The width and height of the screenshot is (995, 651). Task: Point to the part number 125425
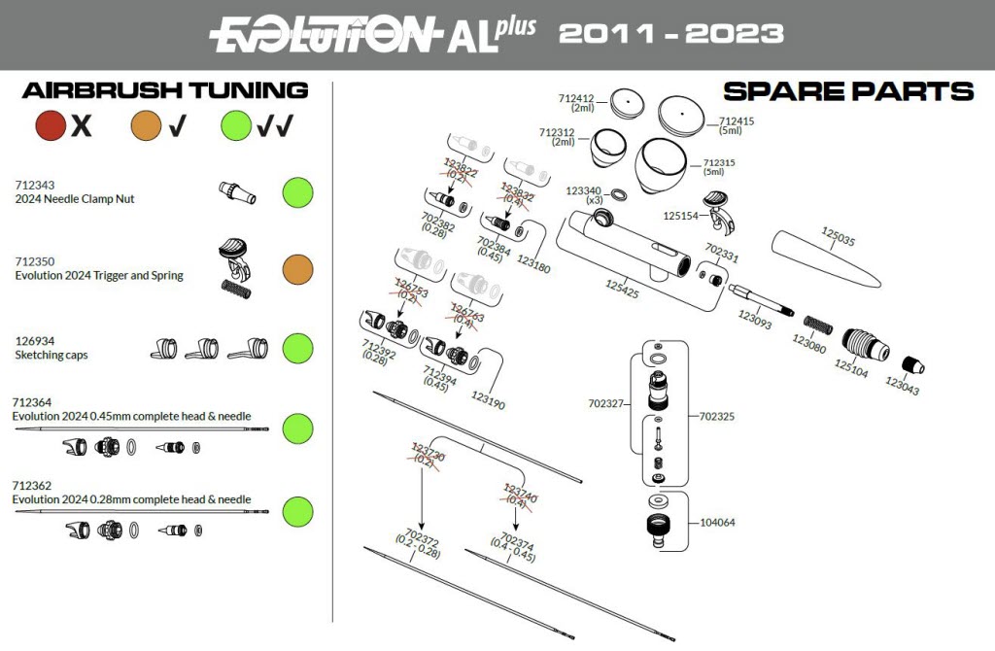pyautogui.click(x=622, y=289)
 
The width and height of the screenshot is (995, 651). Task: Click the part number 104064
pyautogui.click(x=717, y=523)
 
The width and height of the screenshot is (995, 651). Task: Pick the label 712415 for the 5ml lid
pyautogui.click(x=737, y=121)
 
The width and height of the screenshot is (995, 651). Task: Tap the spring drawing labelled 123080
pyautogui.click(x=814, y=324)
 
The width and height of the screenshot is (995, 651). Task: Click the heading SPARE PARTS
pyautogui.click(x=848, y=92)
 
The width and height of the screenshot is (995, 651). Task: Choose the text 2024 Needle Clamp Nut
pyautogui.click(x=75, y=199)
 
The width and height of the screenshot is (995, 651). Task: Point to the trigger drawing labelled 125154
pyautogui.click(x=720, y=204)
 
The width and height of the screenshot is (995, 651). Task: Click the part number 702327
pyautogui.click(x=607, y=402)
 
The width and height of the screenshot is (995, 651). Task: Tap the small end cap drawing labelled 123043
pyautogui.click(x=911, y=366)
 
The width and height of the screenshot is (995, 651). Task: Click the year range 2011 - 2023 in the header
pyautogui.click(x=671, y=34)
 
